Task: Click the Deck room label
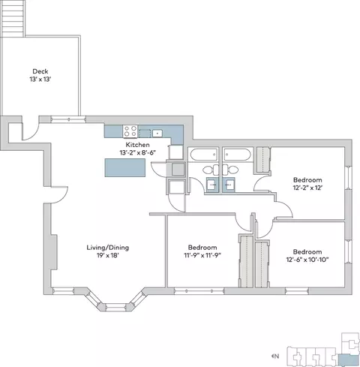tap(40, 71)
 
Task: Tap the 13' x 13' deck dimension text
tap(40, 80)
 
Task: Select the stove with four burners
tap(130, 131)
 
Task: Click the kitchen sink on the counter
tap(157, 133)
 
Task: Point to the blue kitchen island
tap(125, 167)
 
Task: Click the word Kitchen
tap(137, 145)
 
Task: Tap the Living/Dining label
tap(108, 248)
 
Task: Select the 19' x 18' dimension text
tap(108, 256)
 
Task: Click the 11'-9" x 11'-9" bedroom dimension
tap(202, 255)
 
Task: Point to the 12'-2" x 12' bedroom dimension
tap(307, 188)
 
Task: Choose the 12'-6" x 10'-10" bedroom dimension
tap(307, 260)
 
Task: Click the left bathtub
tap(204, 155)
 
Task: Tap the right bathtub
tap(237, 155)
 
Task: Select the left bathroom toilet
tap(210, 170)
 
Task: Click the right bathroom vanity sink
tap(229, 185)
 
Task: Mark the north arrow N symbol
tap(275, 356)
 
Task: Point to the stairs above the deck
tap(13, 18)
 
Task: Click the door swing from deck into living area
tap(31, 131)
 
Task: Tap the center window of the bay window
tap(115, 306)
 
